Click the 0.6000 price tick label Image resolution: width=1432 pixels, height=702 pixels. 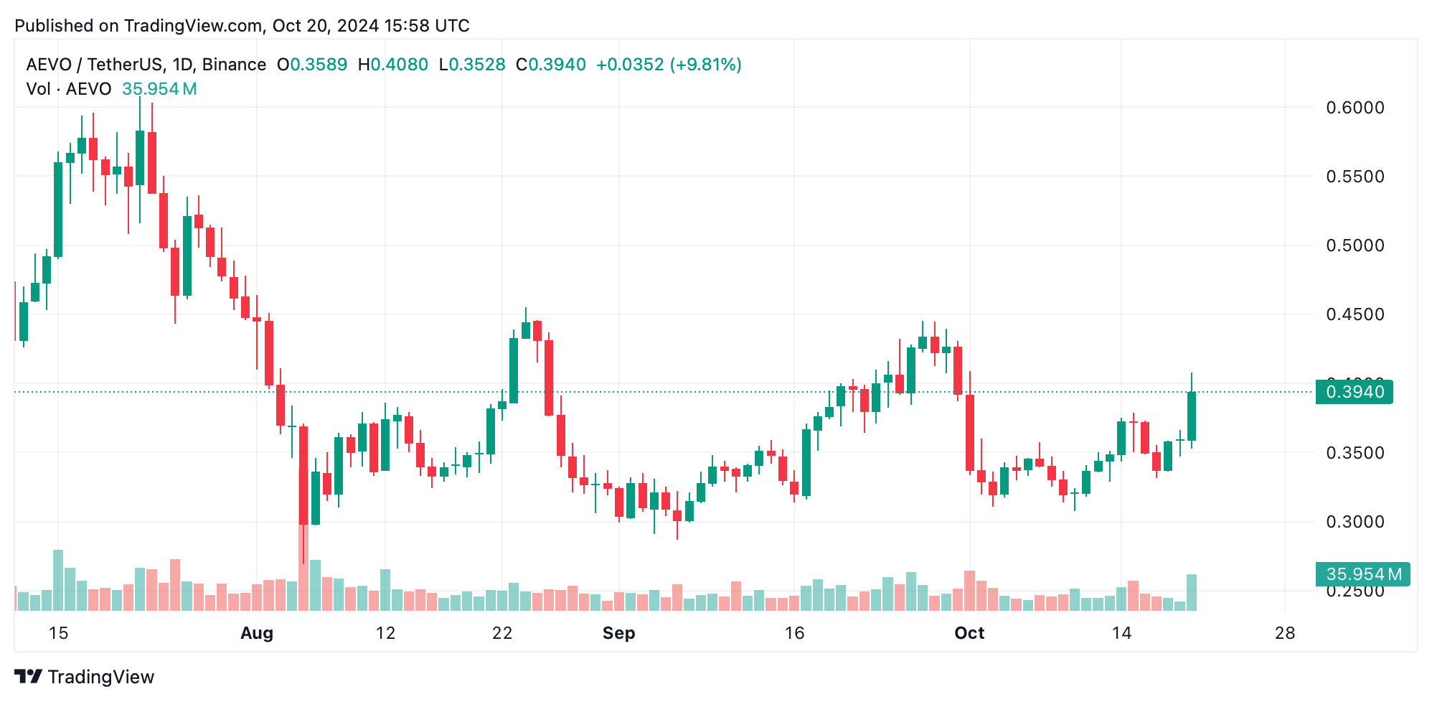pos(1355,108)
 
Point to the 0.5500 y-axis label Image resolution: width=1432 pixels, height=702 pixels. pos(1355,177)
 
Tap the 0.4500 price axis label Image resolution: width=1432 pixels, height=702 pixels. pos(1355,314)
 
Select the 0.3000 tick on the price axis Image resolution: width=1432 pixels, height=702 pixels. pos(1355,522)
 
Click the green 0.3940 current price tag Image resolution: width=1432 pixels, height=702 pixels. pos(1354,392)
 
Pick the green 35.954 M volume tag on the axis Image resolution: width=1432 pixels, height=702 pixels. pos(1362,574)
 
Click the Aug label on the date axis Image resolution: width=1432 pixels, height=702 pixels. pos(257,633)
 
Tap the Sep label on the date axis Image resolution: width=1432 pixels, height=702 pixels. pos(618,633)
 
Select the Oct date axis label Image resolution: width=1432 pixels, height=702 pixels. pos(969,633)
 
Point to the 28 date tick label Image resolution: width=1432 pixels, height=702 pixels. pos(1285,633)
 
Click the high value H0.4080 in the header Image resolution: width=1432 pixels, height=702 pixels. pos(392,65)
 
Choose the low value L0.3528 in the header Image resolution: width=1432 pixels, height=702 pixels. pos(472,65)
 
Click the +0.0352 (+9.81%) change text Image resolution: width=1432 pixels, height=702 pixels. pos(669,65)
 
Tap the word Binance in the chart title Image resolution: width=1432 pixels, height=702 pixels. pos(234,65)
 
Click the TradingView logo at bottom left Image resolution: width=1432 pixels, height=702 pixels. pos(84,677)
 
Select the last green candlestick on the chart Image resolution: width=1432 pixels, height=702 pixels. pos(1192,416)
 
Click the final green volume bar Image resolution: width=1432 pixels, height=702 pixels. pos(1192,592)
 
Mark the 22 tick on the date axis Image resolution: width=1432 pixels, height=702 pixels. pos(502,633)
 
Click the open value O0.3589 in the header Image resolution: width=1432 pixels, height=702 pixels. pos(312,65)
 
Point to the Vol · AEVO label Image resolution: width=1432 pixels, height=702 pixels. pos(69,89)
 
